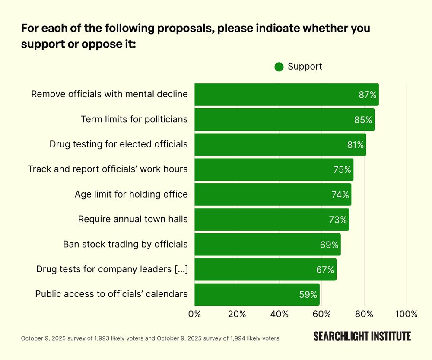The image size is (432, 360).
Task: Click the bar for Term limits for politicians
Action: pos(284,120)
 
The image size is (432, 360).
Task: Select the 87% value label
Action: pos(368,95)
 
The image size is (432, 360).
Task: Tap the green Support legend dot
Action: pos(279,67)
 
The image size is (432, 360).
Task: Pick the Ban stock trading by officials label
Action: pos(125,244)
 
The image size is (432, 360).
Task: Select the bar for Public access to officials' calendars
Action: pos(257,294)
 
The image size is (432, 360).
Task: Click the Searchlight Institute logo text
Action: pos(362,336)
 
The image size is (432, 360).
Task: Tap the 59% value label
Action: pos(308,295)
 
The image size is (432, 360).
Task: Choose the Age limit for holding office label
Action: pos(131,194)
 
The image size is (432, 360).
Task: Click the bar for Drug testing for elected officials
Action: pos(280,144)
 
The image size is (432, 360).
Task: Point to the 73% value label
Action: pos(338,220)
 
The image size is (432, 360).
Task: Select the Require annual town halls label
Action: pos(133,219)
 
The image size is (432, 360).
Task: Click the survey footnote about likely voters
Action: pos(150,338)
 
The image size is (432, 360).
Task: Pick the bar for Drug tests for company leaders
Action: pos(265,269)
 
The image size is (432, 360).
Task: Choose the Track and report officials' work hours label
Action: pos(108,169)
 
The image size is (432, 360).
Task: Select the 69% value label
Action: pos(329,245)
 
